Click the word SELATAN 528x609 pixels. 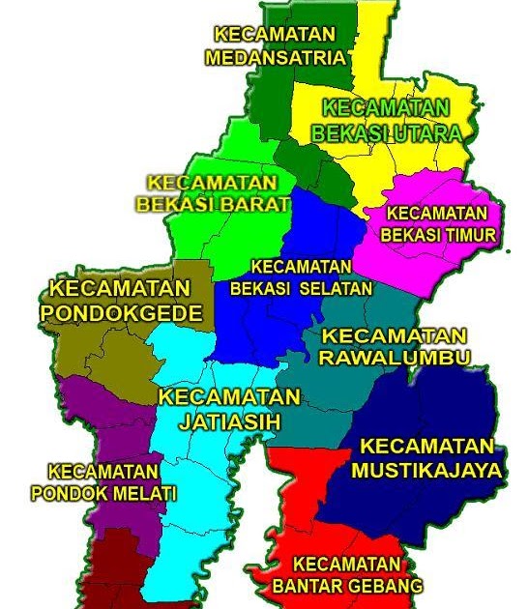click(336, 288)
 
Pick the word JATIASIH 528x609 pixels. click(229, 421)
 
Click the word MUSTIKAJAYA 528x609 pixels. click(426, 471)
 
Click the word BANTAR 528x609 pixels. click(308, 586)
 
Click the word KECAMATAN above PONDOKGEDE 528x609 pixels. click(120, 289)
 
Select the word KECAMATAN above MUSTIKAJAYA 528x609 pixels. click(426, 447)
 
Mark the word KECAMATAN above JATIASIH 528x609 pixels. click(229, 397)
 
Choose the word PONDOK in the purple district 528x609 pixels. click(69, 494)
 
